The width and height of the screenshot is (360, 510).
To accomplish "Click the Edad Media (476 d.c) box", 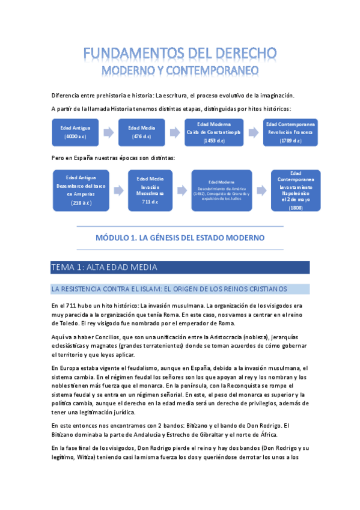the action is point(141,132).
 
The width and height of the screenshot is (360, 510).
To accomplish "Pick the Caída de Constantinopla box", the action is point(213,132).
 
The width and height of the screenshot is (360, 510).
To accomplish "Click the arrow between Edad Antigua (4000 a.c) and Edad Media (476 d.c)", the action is point(108,132).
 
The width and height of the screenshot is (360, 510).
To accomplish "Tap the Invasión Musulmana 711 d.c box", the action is point(150,190).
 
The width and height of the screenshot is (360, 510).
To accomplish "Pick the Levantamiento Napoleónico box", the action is point(295,190).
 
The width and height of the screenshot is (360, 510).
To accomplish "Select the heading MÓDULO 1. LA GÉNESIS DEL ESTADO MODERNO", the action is point(180,238).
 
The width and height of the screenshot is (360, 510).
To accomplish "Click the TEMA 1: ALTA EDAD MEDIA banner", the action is point(180,267).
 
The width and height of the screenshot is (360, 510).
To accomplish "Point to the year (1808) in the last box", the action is point(295,207).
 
